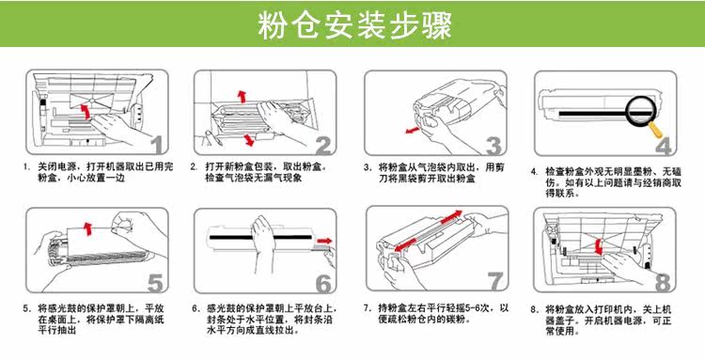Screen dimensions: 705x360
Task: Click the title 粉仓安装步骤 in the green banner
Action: [x=354, y=24]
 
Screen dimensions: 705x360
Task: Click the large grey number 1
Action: [x=157, y=144]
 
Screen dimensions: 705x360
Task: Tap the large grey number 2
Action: [x=323, y=144]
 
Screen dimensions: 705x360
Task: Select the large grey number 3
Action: [x=493, y=144]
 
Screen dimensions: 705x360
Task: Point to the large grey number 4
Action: [x=664, y=144]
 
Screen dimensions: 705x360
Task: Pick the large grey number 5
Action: [x=155, y=282]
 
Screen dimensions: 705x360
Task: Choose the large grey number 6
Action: [x=323, y=282]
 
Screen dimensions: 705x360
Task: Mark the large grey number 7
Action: [x=495, y=281]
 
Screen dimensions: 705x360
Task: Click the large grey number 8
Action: [x=663, y=281]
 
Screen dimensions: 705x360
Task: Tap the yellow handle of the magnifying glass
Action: [x=657, y=130]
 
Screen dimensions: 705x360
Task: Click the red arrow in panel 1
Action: [x=85, y=111]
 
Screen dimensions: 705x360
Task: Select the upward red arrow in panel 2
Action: [x=243, y=96]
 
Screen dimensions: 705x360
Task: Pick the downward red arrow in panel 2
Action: [x=248, y=139]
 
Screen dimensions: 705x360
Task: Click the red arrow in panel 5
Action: [x=88, y=227]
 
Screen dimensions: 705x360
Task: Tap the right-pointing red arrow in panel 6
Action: [x=324, y=241]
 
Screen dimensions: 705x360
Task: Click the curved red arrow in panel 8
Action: [x=599, y=246]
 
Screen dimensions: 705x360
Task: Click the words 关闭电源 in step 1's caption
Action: [x=52, y=167]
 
